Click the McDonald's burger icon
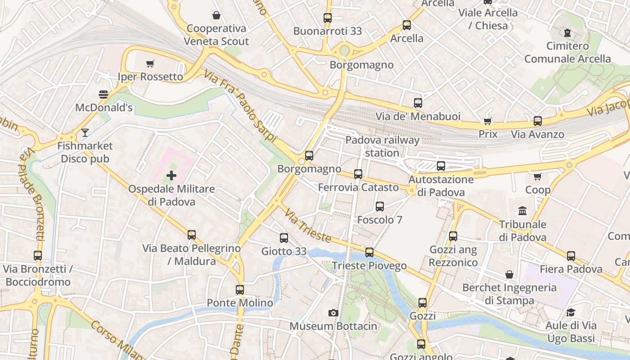point(103,94)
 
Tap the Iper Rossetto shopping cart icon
point(150,64)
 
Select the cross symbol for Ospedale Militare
point(171,175)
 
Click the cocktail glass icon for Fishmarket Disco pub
point(85,133)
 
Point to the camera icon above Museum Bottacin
point(333,313)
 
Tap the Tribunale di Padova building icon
point(522,211)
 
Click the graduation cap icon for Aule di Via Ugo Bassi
point(571,312)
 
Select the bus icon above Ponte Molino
point(240,290)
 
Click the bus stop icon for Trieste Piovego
point(369,252)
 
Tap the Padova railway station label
point(382,146)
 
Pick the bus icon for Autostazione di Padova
point(441,166)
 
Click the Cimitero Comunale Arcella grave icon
point(567,32)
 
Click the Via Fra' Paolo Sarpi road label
point(240,106)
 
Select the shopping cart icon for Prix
point(488,121)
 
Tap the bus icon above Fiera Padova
point(571,256)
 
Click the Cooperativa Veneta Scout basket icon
point(216,15)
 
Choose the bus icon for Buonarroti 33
point(328,18)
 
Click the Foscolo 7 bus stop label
point(380,220)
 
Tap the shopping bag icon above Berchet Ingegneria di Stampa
point(509,274)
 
